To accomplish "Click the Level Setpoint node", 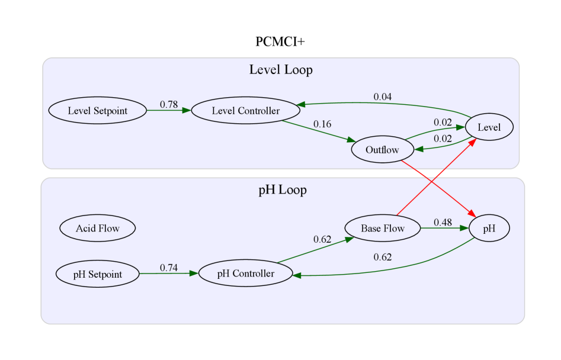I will coord(97,111).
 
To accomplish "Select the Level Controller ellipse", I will coord(245,111).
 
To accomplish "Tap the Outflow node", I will coord(382,150).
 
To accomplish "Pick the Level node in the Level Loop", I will coord(489,127).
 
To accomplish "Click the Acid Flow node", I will coord(98,228).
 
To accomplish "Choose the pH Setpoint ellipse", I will coord(98,274).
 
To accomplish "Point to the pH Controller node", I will coord(245,274).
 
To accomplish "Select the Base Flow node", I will coord(383,228).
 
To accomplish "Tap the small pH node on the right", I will coord(489,229).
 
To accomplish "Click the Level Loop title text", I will coord(281,70).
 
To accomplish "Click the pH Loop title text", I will coord(283,190).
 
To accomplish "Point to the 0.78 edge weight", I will coord(169,105).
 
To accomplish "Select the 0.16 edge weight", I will coord(322,124).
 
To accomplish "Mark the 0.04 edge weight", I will coord(382,97).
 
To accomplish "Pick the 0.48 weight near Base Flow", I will coord(443,223).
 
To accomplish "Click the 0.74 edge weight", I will coord(169,268).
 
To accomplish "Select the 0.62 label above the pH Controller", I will coord(322,239).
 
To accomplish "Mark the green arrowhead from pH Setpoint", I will coord(193,274).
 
